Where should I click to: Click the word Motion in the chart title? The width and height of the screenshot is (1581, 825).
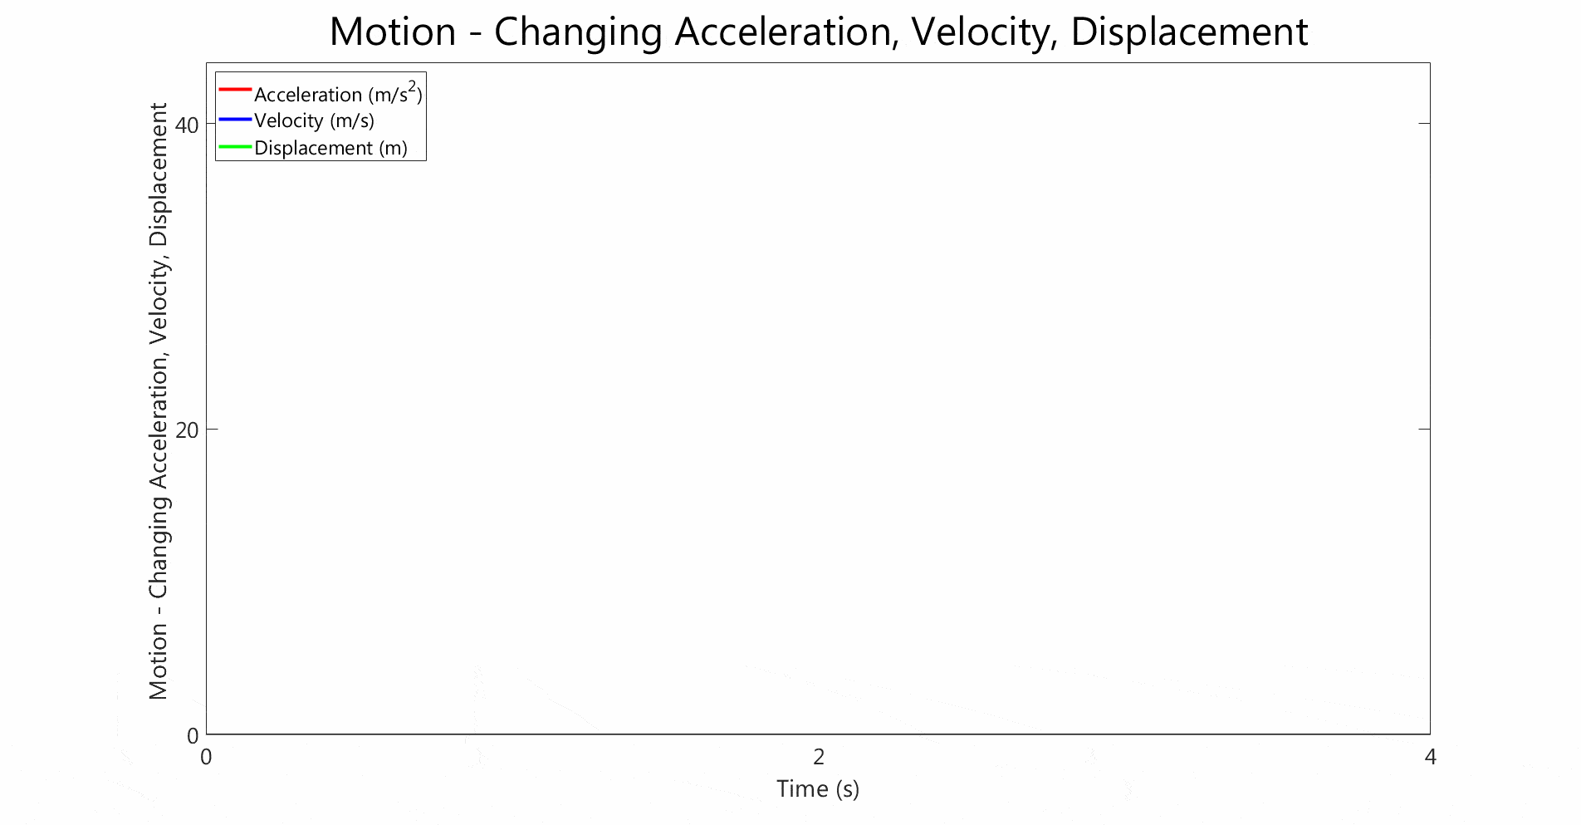(x=393, y=32)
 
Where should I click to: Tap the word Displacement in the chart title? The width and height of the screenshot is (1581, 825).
(x=1189, y=33)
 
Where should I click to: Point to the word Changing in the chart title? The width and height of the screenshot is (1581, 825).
(x=578, y=33)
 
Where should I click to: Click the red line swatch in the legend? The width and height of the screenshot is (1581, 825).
(x=235, y=89)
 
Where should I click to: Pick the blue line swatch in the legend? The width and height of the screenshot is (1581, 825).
(x=235, y=120)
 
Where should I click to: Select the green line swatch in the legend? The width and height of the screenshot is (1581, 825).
(x=235, y=147)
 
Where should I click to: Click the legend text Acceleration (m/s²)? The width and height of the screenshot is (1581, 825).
(x=338, y=93)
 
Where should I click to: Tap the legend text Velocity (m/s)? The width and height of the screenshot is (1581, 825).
(x=314, y=120)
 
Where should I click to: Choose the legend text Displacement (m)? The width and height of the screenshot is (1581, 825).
(x=330, y=148)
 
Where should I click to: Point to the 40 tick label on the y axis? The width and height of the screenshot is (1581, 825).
(x=188, y=125)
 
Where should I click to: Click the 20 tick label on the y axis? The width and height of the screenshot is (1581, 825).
(x=188, y=430)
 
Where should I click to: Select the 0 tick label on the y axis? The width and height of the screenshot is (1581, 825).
(x=193, y=735)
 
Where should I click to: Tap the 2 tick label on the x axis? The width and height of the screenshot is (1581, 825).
(x=819, y=757)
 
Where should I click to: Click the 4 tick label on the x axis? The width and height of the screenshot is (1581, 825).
(x=1430, y=757)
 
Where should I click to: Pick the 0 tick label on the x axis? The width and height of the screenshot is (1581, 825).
(x=206, y=757)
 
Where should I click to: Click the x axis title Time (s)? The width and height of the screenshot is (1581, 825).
(x=818, y=788)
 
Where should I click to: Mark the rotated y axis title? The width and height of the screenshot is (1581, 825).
(x=158, y=401)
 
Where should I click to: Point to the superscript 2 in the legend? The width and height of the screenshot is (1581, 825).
(x=413, y=86)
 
